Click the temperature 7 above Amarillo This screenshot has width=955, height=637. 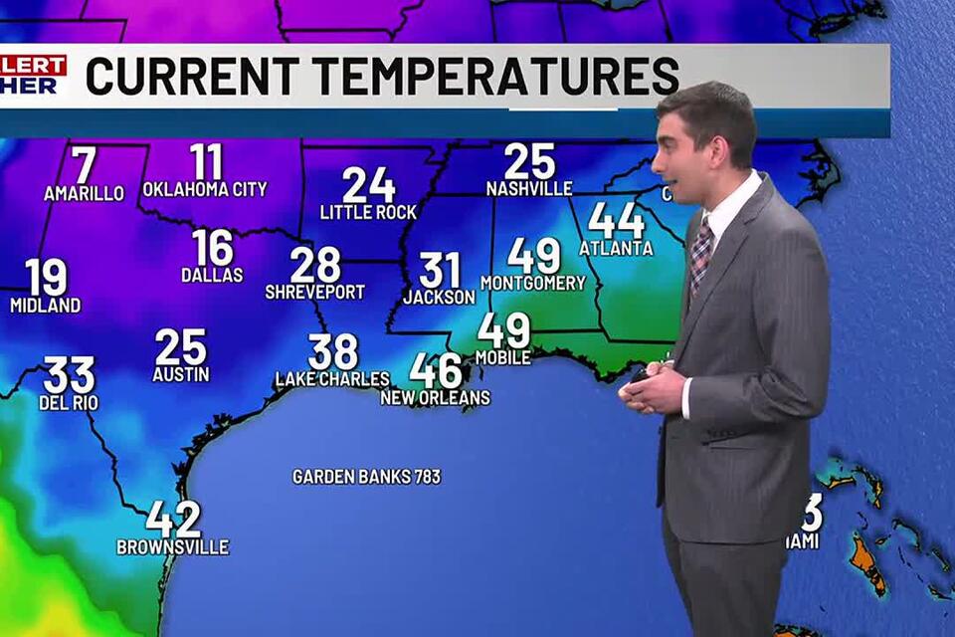pos(85,164)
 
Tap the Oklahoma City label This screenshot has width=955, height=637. pos(205,189)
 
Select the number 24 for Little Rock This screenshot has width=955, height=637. pos(369,185)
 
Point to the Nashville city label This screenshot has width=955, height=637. pos(529,188)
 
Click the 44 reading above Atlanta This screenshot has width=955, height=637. pos(616,220)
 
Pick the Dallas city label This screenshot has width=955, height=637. pos(212,275)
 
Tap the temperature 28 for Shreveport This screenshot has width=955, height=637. pos(315,265)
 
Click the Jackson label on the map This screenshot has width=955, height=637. pos(439,297)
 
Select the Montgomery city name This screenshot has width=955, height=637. pos(533,283)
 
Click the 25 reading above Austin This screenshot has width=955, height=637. pos(181,347)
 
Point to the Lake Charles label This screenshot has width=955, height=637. pos(332,379)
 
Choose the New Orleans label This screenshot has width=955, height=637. pos(436,398)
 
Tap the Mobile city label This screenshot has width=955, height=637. pos(503,357)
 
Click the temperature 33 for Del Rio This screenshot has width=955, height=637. pos(70,375)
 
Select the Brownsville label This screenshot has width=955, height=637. pos(173,546)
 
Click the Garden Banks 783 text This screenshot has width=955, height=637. pos(366,477)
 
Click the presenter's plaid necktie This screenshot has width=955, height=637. pos(702,255)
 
